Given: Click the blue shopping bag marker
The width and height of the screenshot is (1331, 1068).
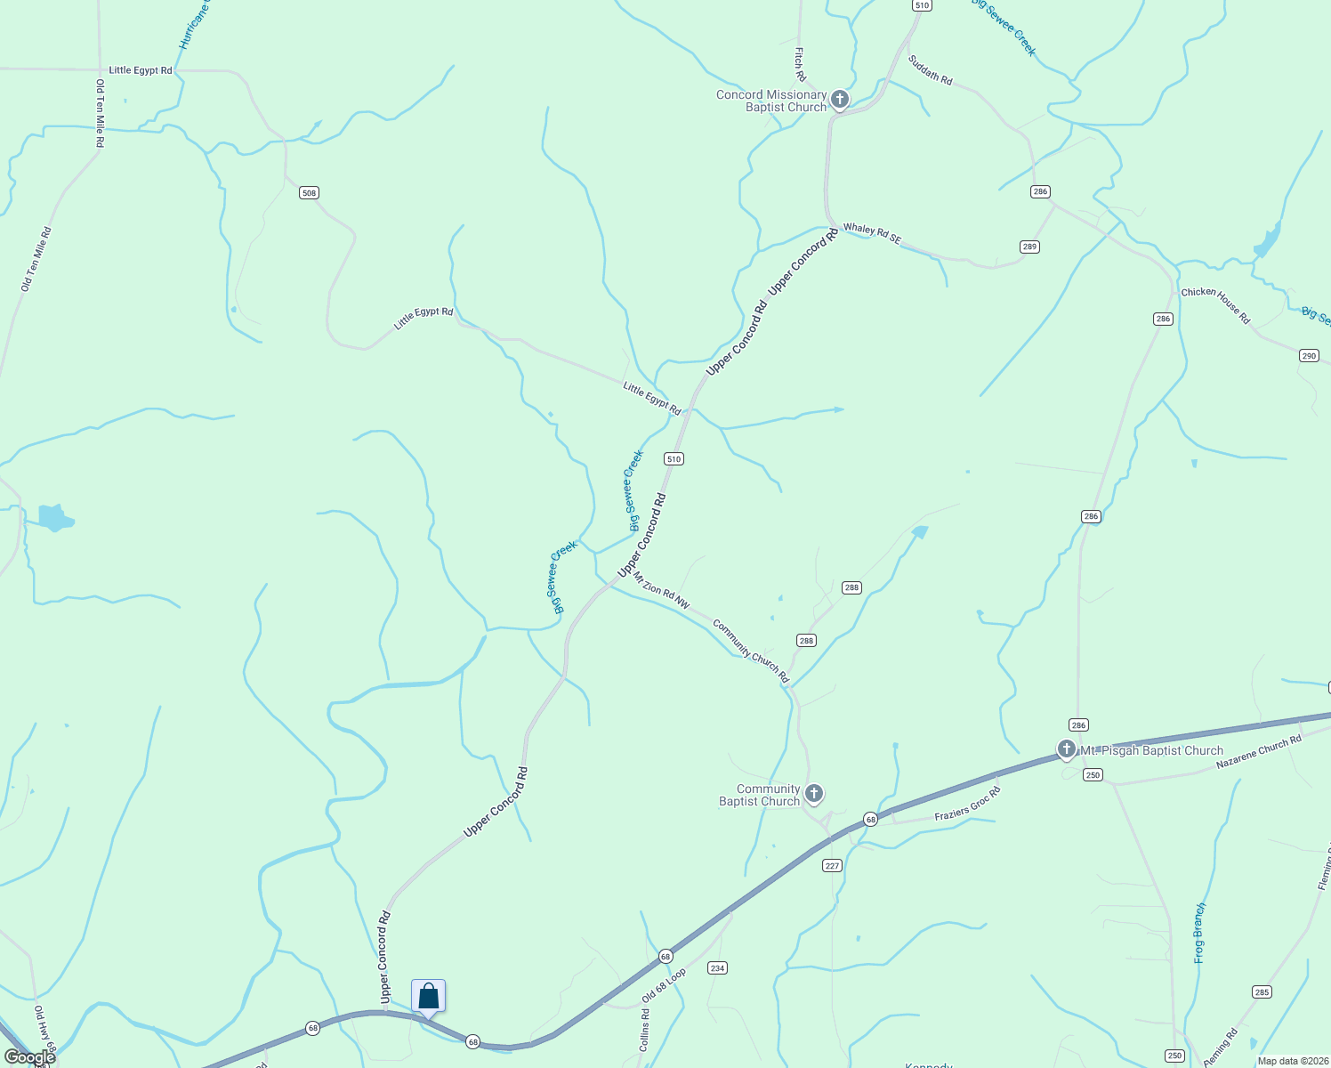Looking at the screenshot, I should pyautogui.click(x=428, y=997).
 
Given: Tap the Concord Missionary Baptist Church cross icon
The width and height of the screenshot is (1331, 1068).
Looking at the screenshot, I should pyautogui.click(x=840, y=98).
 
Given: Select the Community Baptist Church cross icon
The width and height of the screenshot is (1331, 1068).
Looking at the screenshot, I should pyautogui.click(x=813, y=793).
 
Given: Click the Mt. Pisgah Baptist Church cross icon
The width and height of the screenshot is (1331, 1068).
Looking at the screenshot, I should pyautogui.click(x=1066, y=749).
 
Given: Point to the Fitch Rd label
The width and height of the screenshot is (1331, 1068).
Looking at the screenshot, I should pyautogui.click(x=800, y=64).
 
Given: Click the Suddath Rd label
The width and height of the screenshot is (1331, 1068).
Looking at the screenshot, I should pyautogui.click(x=930, y=70).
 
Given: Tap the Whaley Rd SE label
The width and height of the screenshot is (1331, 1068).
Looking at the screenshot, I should pyautogui.click(x=872, y=234).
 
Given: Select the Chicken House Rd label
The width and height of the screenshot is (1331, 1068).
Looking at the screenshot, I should pyautogui.click(x=1215, y=305).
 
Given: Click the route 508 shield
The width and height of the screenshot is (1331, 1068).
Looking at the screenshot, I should pyautogui.click(x=309, y=193).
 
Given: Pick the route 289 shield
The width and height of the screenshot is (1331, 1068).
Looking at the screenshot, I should pyautogui.click(x=1029, y=247).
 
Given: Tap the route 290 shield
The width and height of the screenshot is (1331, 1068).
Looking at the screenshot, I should pyautogui.click(x=1308, y=355).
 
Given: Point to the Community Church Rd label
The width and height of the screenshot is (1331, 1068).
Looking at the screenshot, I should pyautogui.click(x=751, y=651).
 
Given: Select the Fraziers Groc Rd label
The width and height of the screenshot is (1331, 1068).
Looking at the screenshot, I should pyautogui.click(x=967, y=804).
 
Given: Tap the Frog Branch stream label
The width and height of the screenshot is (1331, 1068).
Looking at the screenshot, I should pyautogui.click(x=1199, y=933).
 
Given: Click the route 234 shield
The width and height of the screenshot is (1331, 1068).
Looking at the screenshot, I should pyautogui.click(x=717, y=967).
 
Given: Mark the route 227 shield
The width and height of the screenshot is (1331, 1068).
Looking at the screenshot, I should pyautogui.click(x=832, y=865).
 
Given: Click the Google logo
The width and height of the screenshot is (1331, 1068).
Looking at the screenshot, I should pyautogui.click(x=30, y=1057).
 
